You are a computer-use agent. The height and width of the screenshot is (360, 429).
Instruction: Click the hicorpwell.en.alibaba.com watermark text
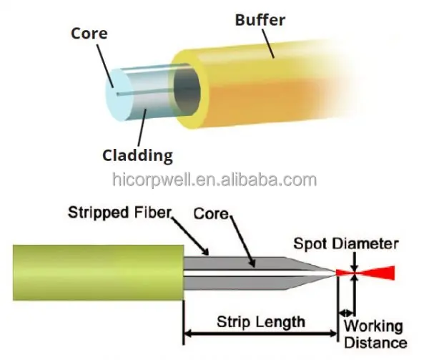click(x=214, y=179)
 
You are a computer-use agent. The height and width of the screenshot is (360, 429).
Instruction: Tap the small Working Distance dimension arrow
click(x=345, y=313)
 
